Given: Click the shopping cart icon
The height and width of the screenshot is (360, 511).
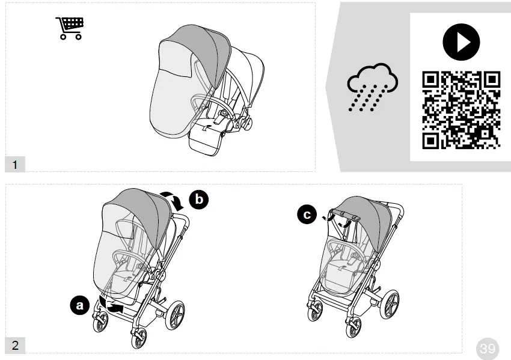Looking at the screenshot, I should pyautogui.click(x=69, y=28).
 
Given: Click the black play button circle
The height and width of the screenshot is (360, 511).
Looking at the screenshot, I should pyautogui.click(x=461, y=41).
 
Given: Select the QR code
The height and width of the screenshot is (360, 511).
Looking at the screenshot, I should pyautogui.click(x=461, y=110).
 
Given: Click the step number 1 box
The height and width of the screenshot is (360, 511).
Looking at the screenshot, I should pyautogui.click(x=15, y=163).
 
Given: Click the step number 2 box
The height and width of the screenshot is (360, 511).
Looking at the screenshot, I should pyautogui.click(x=15, y=345).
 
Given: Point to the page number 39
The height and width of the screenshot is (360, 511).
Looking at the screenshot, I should pyautogui.click(x=488, y=348).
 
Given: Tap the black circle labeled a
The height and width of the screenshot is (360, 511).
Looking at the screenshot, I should pyautogui.click(x=79, y=306).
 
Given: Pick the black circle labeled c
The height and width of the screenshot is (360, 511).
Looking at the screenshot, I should pyautogui.click(x=307, y=215).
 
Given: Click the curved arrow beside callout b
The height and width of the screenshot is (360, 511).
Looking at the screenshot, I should pyautogui.click(x=175, y=201).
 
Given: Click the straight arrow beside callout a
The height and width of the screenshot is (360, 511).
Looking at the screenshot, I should pyautogui.click(x=114, y=308).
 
